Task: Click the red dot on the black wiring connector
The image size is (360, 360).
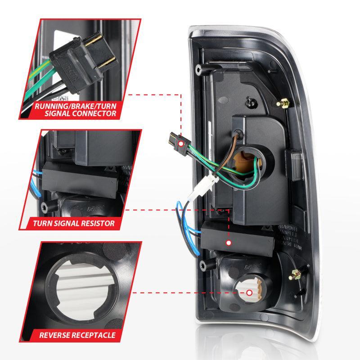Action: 180,144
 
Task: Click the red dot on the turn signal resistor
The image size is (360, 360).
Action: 229,243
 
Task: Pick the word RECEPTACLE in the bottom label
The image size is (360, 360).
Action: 95,335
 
